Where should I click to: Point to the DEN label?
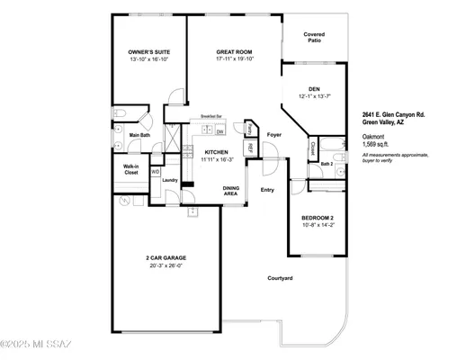[315, 88]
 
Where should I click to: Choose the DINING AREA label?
[231, 190]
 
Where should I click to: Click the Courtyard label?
[280, 278]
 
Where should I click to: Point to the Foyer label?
[274, 135]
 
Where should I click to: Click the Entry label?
[267, 190]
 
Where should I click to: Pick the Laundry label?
[170, 180]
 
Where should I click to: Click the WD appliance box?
[155, 171]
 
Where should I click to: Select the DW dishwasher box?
[220, 132]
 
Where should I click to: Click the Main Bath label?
[139, 136]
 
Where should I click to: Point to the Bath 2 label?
[327, 164]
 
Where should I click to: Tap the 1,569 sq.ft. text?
[376, 144]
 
